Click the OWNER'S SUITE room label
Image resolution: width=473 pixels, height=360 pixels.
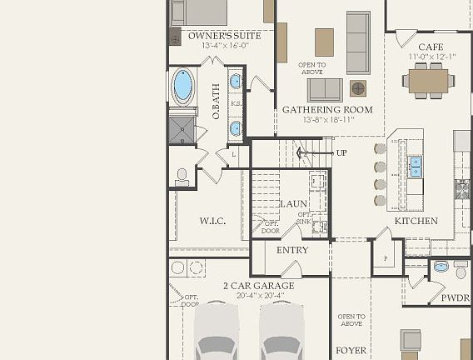[224, 36]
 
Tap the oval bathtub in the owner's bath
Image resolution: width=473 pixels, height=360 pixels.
[183, 86]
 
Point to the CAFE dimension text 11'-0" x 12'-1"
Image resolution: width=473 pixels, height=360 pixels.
[431, 57]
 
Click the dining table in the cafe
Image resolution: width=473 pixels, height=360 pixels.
[429, 80]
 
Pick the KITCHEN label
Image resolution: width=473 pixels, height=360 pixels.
[416, 221]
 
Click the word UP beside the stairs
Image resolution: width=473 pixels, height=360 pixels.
[341, 152]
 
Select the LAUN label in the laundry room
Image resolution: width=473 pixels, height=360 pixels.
[293, 203]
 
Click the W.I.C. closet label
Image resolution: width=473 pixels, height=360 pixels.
[212, 221]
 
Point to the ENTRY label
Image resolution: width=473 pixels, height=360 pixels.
[292, 250]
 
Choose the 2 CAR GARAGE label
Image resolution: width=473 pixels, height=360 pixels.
[258, 286]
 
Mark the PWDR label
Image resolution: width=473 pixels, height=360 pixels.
[455, 297]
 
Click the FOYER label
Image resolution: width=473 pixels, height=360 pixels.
[351, 350]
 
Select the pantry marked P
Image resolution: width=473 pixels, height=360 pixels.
[386, 259]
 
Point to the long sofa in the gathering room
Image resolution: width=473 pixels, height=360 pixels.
[358, 42]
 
